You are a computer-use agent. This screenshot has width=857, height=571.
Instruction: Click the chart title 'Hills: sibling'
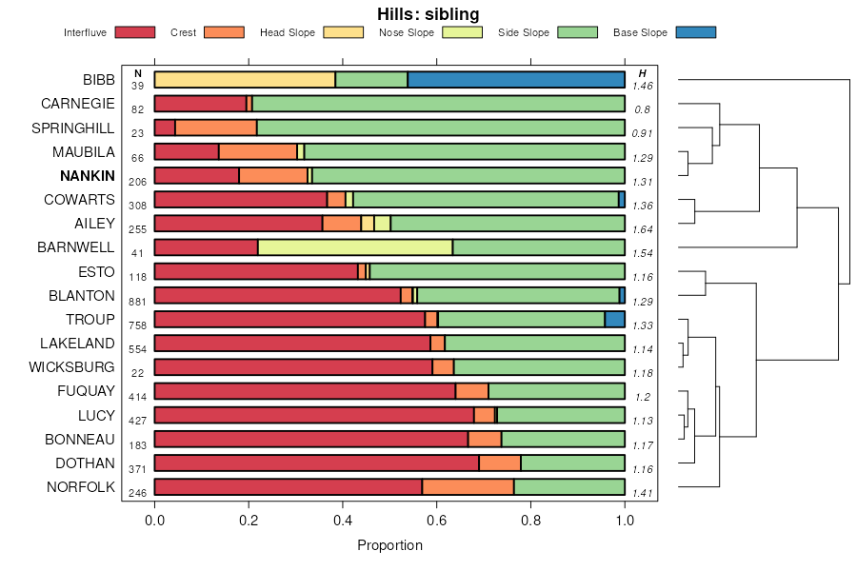point(428,14)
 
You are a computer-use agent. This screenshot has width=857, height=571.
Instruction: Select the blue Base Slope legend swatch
point(695,32)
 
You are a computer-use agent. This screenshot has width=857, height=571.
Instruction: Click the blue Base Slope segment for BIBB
point(516,80)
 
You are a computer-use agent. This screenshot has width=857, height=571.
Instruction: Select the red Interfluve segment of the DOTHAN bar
point(316,463)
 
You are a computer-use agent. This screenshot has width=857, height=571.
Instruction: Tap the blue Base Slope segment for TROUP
point(615,320)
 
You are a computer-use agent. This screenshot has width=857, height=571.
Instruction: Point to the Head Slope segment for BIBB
point(245,80)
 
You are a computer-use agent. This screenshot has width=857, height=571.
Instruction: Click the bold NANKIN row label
point(87,176)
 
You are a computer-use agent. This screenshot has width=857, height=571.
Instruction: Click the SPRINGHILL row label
point(72,128)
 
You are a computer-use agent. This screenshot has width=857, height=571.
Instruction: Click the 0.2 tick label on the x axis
point(249,520)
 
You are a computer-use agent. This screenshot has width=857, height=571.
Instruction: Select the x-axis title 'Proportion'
point(389,545)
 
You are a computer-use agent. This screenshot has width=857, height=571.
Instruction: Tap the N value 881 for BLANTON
point(137,301)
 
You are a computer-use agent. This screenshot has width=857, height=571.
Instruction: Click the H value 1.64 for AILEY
point(643,229)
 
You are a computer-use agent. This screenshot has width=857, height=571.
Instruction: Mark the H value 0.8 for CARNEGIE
point(643,109)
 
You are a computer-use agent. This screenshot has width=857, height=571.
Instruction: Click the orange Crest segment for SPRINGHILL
point(216,128)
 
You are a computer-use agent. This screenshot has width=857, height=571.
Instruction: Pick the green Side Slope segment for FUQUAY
point(556,391)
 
